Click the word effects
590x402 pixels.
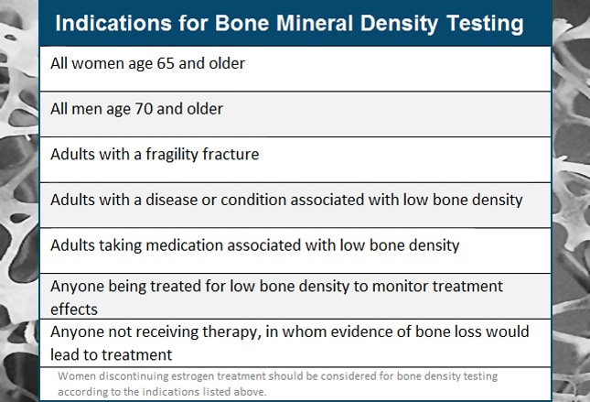(73, 309)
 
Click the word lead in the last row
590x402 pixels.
(66, 353)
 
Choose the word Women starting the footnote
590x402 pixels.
(79, 376)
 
